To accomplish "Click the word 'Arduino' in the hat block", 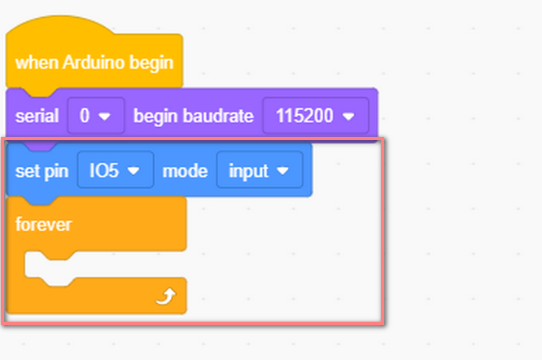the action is coord(94,62).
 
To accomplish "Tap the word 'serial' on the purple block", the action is coord(37,116).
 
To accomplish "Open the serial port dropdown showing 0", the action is coord(96,116).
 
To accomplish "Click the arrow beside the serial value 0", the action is coord(104,116).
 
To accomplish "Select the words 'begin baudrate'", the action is coord(194,116).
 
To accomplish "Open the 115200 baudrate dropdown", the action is coord(316,116).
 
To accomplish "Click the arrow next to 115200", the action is coord(348,116).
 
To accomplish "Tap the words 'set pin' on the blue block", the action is coord(42,171).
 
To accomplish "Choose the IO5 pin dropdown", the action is coord(116,169).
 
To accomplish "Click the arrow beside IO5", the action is coord(133,170).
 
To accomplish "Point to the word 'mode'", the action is coord(185,170).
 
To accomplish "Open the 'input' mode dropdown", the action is coord(260,169).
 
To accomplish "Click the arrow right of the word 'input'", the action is coord(282,170).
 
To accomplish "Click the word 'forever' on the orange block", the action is coord(44,225).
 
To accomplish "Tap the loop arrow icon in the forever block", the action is coord(166,296).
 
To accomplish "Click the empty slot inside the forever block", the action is coord(103,265).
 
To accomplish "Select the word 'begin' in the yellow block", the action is coord(151,63).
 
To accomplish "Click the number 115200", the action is coord(304,116).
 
